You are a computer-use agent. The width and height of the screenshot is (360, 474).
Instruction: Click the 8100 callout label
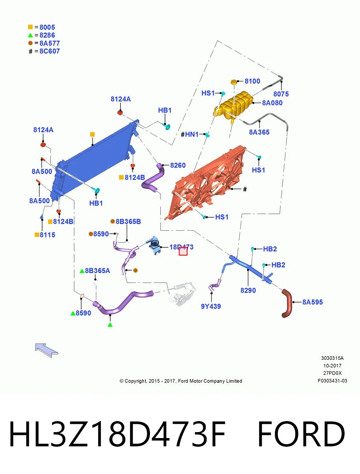(x=252, y=81)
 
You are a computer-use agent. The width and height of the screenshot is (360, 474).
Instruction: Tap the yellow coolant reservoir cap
(x=234, y=82)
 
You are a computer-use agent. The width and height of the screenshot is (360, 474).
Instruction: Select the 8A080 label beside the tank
(x=272, y=103)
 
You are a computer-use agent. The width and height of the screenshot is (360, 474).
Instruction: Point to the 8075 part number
(x=281, y=94)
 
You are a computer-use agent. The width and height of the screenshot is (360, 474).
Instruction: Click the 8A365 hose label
(x=259, y=132)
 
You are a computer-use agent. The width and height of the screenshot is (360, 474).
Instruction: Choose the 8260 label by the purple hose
(x=178, y=165)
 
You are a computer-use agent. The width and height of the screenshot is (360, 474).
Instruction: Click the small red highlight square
(x=183, y=251)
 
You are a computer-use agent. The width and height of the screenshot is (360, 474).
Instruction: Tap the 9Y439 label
(x=211, y=306)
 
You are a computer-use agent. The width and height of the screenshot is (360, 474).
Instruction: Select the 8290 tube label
(x=248, y=290)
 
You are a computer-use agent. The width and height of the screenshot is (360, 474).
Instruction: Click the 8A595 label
(x=312, y=302)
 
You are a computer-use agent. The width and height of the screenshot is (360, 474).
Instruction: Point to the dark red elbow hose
(x=288, y=303)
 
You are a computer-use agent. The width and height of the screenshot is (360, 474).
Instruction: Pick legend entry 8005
(x=47, y=27)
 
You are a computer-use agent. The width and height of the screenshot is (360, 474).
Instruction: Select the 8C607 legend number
(x=50, y=51)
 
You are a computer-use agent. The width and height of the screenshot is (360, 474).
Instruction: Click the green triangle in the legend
(x=30, y=35)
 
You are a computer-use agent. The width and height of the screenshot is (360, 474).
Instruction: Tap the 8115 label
(x=47, y=235)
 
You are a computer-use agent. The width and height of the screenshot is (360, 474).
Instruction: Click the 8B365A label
(x=97, y=271)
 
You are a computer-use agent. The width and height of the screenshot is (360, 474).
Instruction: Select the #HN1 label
(x=189, y=135)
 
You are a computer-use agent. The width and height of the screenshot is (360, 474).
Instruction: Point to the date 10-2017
(x=332, y=366)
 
